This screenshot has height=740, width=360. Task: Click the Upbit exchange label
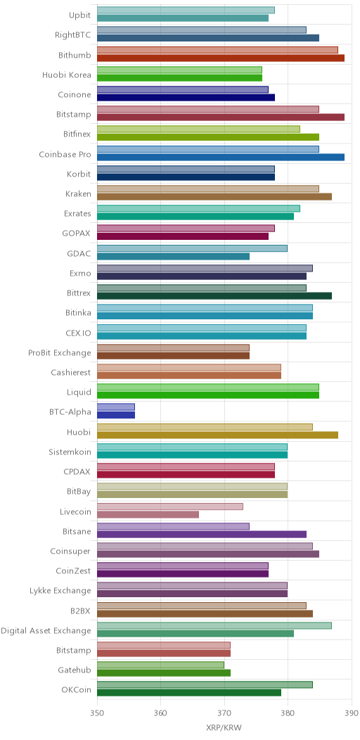coord(79,15)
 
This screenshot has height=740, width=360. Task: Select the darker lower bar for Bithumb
coord(221,58)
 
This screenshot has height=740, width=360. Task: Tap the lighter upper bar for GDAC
coord(192,248)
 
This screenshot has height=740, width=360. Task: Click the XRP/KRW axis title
coord(224,728)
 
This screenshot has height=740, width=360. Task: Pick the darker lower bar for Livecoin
coord(148,514)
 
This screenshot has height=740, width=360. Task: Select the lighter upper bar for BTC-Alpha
coord(116,407)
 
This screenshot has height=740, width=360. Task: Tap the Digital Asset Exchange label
coord(46,630)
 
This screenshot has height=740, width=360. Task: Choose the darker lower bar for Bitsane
coord(202,534)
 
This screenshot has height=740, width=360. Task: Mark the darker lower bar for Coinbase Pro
coord(221,157)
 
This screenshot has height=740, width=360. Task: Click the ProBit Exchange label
coord(60,353)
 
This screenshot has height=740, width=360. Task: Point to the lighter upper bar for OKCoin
coord(205,685)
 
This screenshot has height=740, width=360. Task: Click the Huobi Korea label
coord(67,74)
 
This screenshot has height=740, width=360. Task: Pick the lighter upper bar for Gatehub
coord(160,665)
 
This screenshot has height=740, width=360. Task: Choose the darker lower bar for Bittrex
coord(214,296)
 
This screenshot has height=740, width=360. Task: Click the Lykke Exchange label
coord(60,591)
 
